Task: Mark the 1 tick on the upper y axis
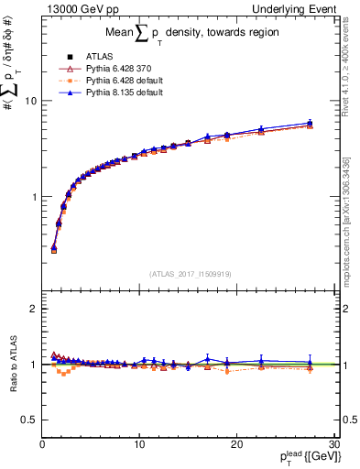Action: point(33,197)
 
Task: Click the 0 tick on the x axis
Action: point(42,444)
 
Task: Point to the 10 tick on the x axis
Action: point(139,444)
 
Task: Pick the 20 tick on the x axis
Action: point(236,444)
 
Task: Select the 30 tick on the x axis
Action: point(333,444)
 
